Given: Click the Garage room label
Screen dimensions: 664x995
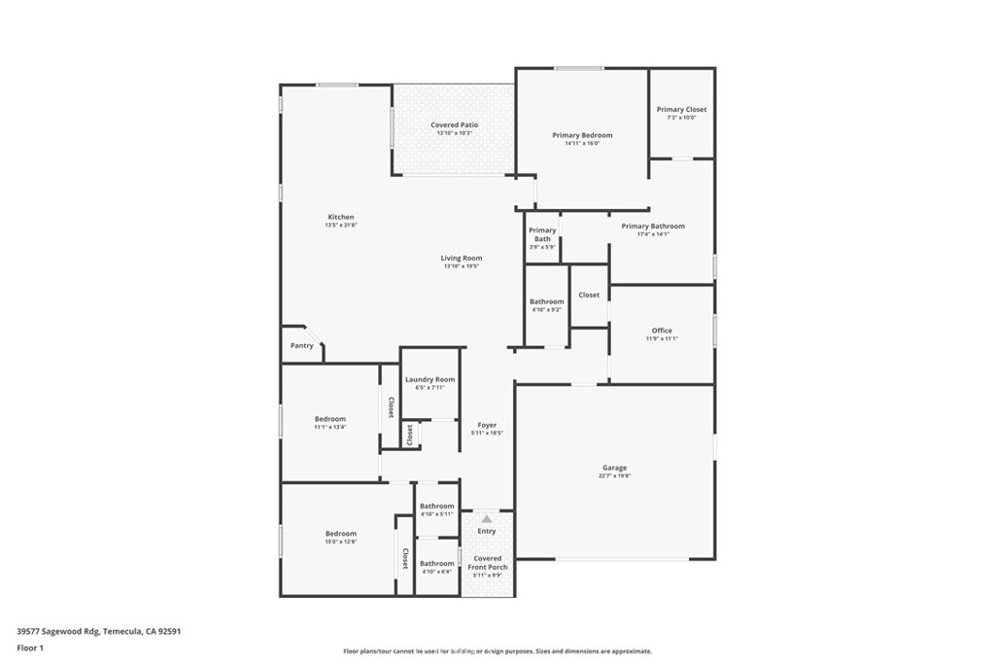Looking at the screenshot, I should [x=614, y=468].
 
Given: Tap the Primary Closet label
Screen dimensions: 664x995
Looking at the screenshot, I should [x=681, y=110].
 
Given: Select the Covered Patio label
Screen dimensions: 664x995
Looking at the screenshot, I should [x=454, y=125].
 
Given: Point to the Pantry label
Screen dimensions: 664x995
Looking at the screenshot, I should [x=302, y=345].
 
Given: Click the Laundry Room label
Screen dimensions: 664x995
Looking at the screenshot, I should [x=429, y=379].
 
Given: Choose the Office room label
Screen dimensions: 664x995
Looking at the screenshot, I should [x=662, y=331].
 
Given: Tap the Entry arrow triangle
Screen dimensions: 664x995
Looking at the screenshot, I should [x=487, y=519].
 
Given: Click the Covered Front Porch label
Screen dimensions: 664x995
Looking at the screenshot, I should [x=487, y=563].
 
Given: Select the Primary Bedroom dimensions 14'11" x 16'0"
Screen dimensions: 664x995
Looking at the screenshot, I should [x=582, y=144].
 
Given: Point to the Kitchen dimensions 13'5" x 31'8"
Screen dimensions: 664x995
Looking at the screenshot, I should [x=341, y=226].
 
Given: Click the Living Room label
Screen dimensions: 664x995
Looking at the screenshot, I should [x=462, y=259].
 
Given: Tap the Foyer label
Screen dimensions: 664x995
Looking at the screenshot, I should [x=487, y=425].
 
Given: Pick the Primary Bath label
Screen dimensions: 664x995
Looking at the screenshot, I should [x=542, y=234].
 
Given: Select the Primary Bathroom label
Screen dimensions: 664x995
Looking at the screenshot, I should [x=653, y=227].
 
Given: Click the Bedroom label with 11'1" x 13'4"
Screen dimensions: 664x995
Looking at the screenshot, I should [x=329, y=418].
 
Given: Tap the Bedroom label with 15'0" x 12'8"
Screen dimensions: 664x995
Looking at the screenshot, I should [x=340, y=533].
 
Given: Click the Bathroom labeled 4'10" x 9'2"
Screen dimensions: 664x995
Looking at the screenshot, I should [x=546, y=301].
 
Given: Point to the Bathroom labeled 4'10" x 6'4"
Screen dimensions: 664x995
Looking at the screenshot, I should [x=436, y=563].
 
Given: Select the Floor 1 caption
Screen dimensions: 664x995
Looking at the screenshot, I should [x=30, y=647].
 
